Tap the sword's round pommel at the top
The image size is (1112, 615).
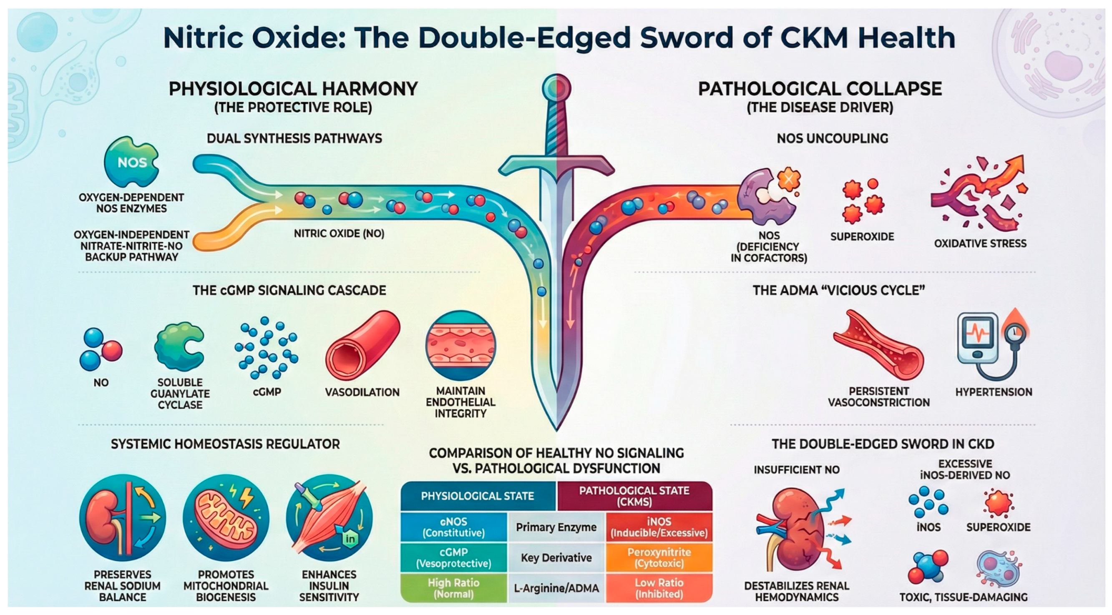[556, 88]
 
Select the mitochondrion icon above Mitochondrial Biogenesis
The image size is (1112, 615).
[225, 517]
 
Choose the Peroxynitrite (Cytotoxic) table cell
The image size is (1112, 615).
[659, 557]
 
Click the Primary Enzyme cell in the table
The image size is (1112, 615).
[556, 527]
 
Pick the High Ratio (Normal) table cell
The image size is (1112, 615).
[453, 588]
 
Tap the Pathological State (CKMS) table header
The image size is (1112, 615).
[634, 496]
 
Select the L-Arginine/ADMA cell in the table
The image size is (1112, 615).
[556, 588]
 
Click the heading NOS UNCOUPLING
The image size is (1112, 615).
[832, 138]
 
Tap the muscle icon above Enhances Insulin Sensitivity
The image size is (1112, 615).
[329, 517]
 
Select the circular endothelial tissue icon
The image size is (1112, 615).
[460, 346]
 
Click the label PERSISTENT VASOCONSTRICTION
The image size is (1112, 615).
[878, 397]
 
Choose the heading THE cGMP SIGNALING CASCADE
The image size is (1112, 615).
[289, 291]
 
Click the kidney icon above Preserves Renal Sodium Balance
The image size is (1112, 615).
[123, 517]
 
